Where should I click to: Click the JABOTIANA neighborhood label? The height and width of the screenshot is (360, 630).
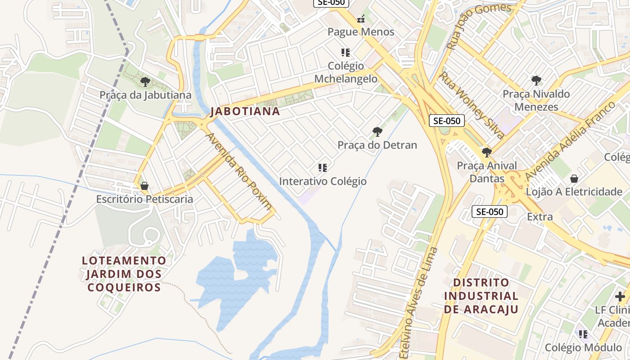click(x=245, y=111)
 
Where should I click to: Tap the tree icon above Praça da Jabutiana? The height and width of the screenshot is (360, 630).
click(x=145, y=82)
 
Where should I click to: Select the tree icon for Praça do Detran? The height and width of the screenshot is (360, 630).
click(x=377, y=132)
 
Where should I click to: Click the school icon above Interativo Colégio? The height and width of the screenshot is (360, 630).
click(x=322, y=168)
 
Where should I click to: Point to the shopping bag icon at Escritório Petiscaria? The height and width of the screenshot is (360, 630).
click(x=144, y=186)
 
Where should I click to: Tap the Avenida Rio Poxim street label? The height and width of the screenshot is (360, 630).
click(x=239, y=171)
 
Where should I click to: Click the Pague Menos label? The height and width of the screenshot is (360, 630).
click(x=360, y=32)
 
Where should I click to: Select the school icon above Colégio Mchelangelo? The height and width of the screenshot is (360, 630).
click(x=345, y=53)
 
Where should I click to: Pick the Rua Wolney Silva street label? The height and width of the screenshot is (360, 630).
click(x=471, y=105)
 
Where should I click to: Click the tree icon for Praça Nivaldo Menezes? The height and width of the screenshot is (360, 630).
click(x=536, y=81)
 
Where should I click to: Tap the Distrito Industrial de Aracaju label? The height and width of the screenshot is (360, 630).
click(x=481, y=296)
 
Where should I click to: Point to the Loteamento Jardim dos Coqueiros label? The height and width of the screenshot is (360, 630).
click(x=124, y=274)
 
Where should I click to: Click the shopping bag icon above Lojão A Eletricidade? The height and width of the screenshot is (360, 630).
click(x=574, y=179)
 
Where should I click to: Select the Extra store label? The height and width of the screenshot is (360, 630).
click(x=540, y=216)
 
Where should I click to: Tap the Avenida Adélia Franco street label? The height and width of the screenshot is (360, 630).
click(x=570, y=141)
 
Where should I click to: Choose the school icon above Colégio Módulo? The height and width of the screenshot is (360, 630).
click(x=583, y=334)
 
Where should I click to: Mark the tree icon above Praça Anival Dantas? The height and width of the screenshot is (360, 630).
click(x=486, y=152)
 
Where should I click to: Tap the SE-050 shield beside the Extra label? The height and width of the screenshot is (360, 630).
click(x=489, y=211)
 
